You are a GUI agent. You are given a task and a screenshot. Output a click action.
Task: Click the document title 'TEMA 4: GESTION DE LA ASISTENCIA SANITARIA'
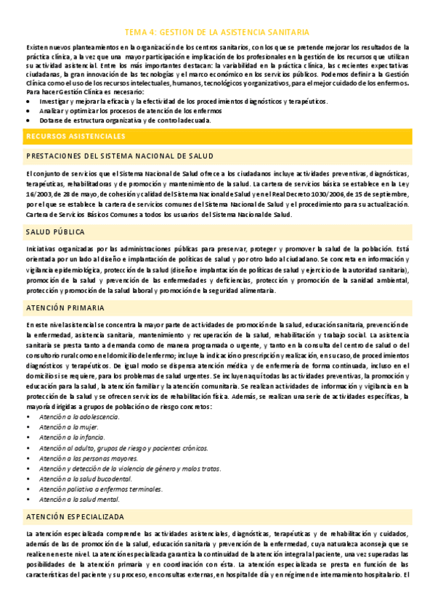(x=217, y=33)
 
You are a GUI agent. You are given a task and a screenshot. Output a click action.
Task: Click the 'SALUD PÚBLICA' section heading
(x=55, y=232)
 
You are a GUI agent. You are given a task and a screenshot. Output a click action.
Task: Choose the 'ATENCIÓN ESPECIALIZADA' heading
(x=75, y=516)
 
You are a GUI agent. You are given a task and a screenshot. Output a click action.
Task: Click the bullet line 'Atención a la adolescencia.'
(x=79, y=418)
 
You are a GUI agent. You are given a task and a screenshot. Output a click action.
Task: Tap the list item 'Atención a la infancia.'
(x=72, y=438)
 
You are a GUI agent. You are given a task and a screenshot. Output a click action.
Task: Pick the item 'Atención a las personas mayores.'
(x=89, y=459)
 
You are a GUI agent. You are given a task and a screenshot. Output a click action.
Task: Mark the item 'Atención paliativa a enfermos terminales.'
(x=101, y=490)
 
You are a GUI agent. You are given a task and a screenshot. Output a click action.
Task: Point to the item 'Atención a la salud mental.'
(x=81, y=500)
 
